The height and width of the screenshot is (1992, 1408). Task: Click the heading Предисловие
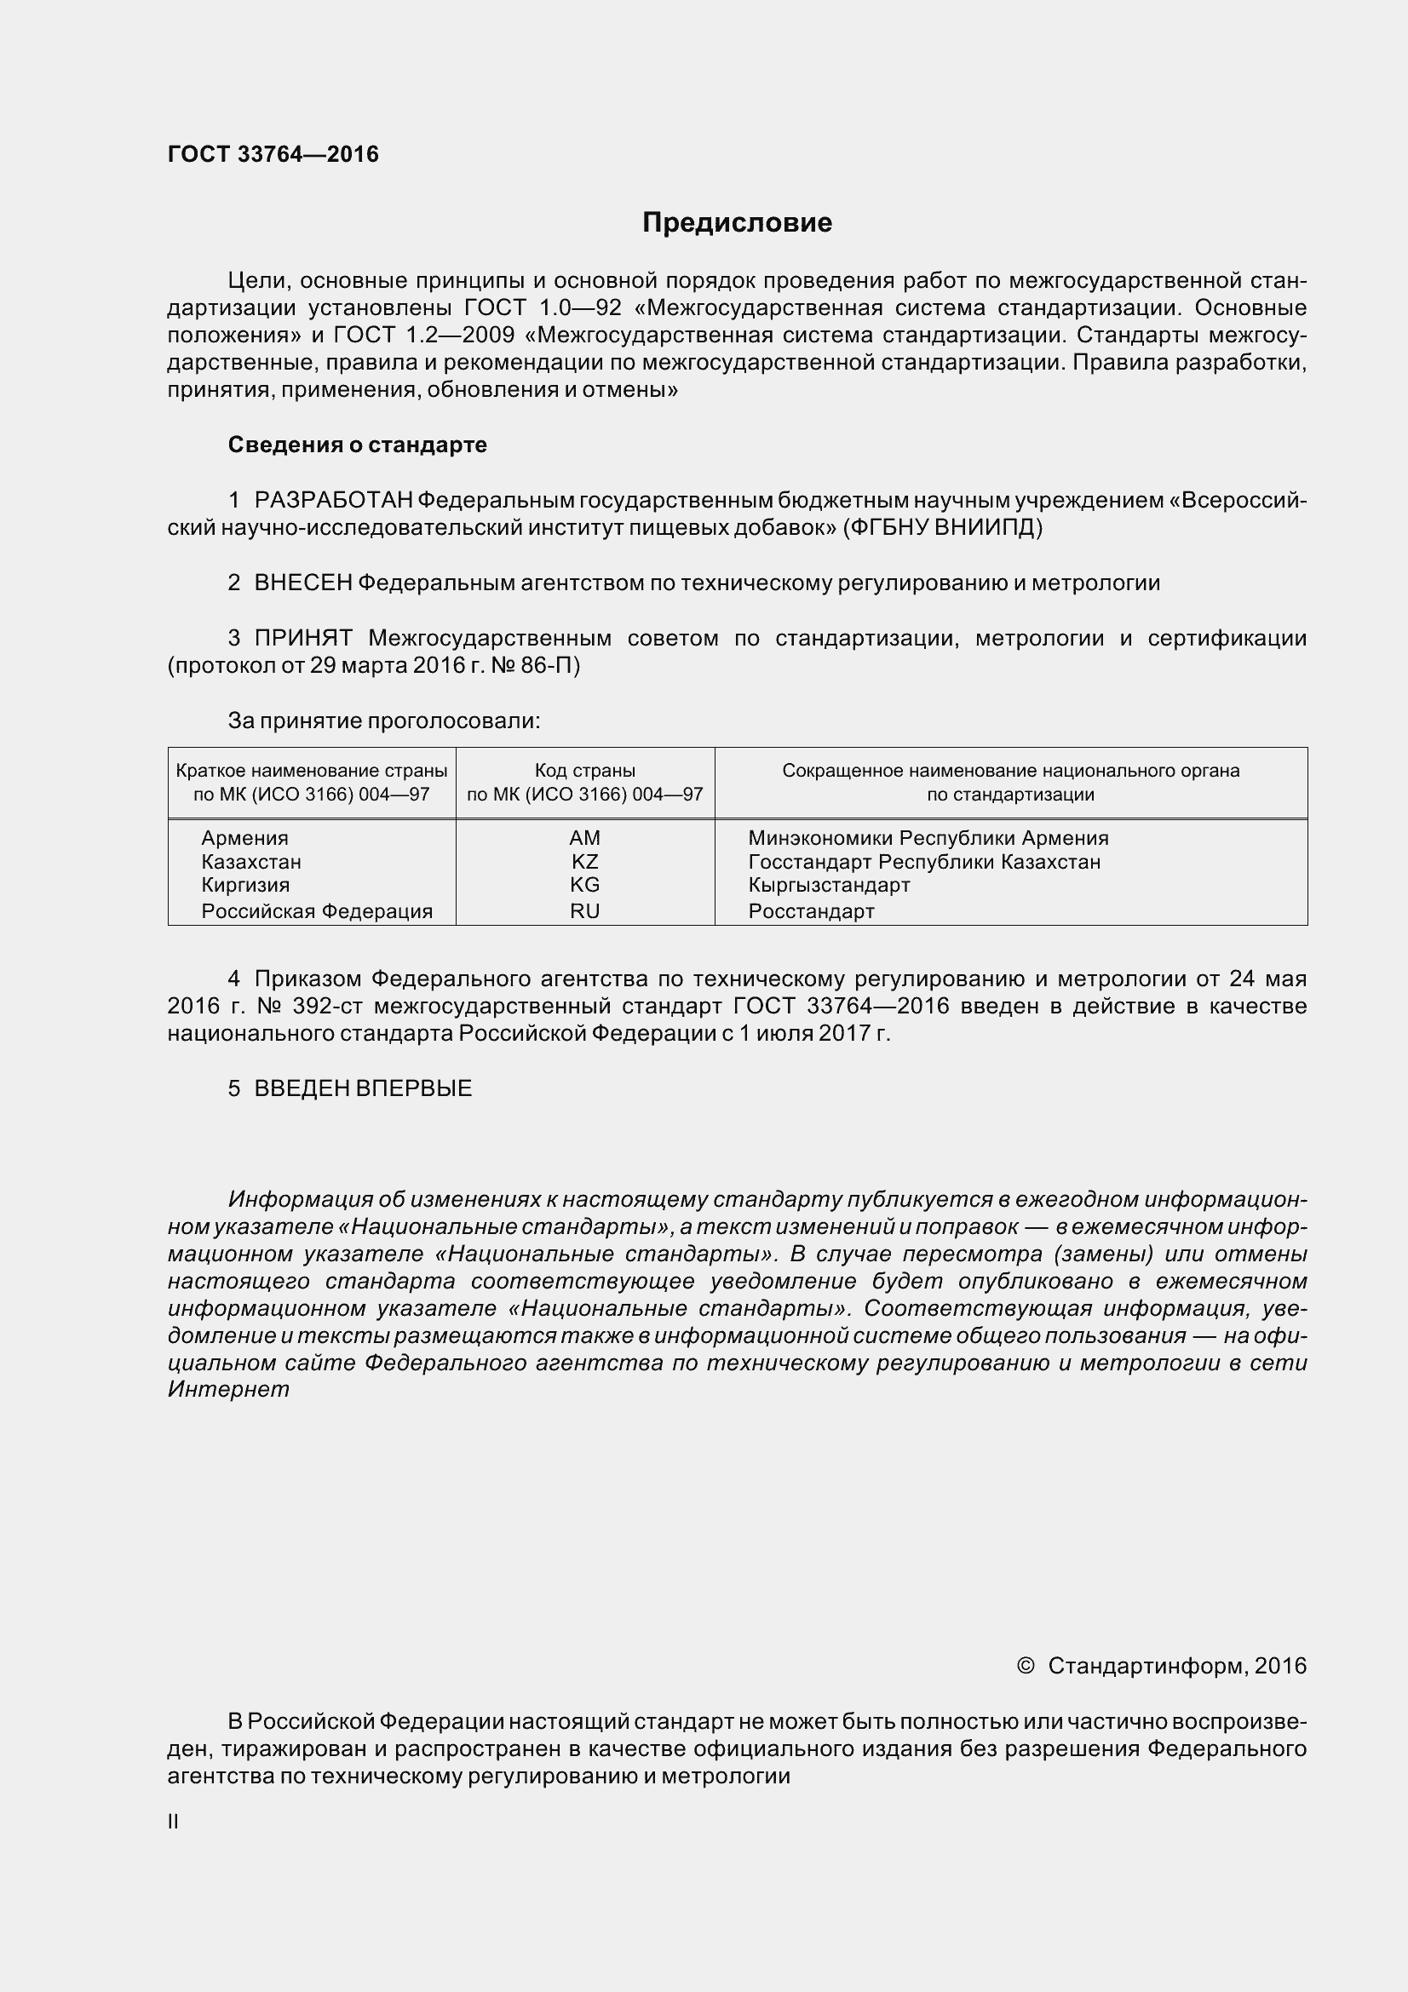(737, 223)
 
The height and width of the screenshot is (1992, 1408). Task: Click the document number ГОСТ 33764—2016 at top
(273, 154)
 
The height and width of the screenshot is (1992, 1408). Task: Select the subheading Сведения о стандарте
(358, 445)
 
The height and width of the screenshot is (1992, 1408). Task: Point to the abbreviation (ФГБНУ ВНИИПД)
(942, 527)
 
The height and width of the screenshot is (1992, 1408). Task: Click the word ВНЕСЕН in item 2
(302, 583)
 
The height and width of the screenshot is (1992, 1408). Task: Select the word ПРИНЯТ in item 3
(302, 639)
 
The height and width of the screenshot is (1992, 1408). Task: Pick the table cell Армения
(244, 838)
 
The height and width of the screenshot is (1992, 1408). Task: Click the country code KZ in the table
(584, 863)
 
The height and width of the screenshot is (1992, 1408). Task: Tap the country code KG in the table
(584, 885)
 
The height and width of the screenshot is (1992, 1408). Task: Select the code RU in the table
(584, 911)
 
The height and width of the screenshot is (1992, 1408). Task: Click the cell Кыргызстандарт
(829, 885)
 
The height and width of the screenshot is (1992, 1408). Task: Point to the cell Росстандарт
(811, 911)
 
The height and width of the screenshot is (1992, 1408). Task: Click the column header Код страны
(584, 771)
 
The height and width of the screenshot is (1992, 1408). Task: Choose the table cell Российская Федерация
(317, 911)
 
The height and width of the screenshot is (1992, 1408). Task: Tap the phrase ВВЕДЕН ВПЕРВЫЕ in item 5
(363, 1089)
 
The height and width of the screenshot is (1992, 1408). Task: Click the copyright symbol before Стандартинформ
(1025, 1666)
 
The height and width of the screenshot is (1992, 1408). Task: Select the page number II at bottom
(173, 1822)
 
